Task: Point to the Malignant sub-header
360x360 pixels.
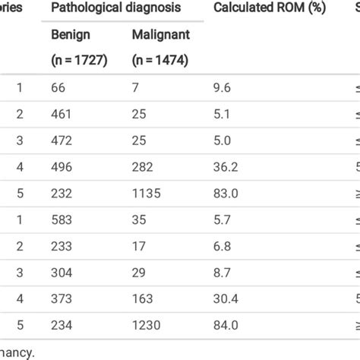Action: [x=160, y=35]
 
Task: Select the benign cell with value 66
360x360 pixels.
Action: [x=58, y=87]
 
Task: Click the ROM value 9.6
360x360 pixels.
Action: [x=222, y=87]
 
